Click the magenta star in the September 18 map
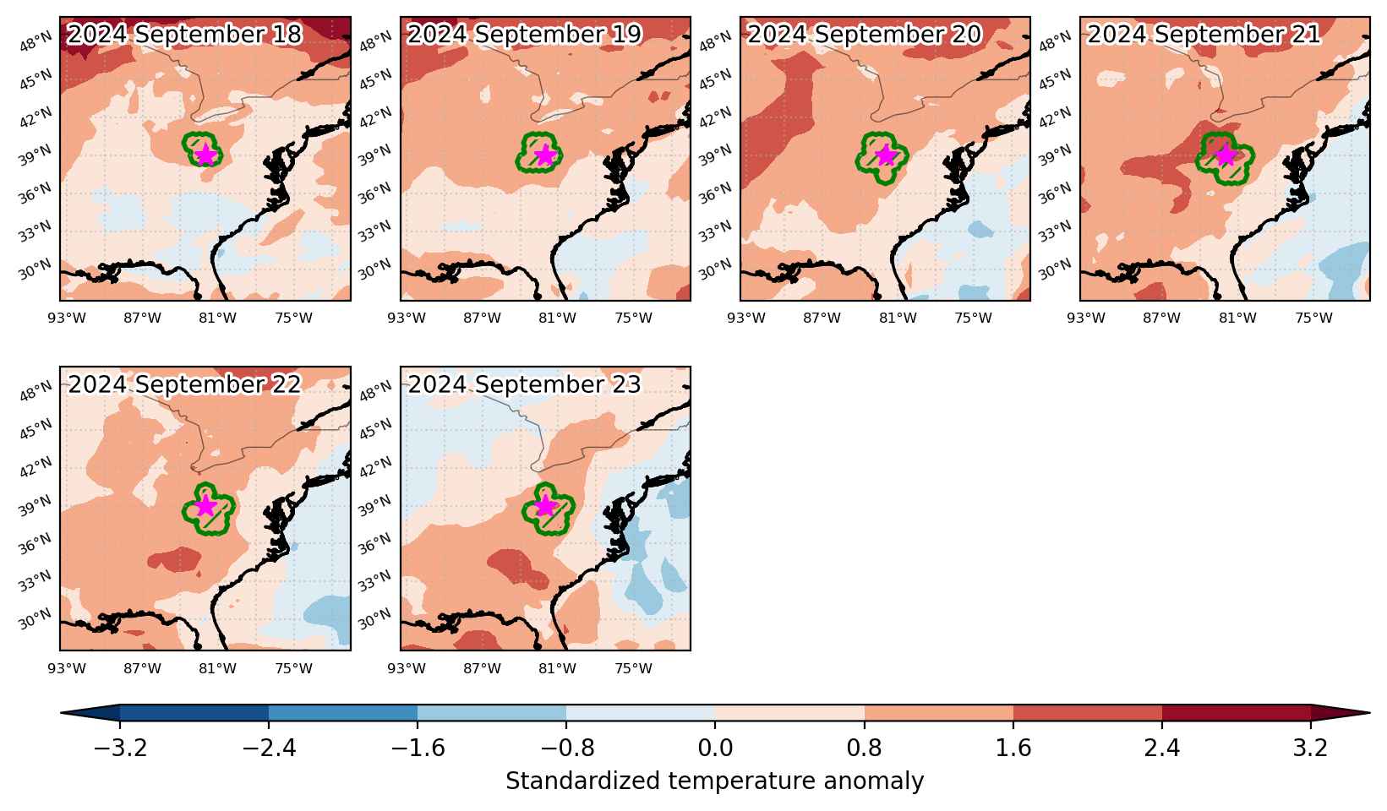point(205,155)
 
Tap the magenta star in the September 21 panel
point(1226,155)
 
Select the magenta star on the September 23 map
point(545,505)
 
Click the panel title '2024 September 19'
point(524,34)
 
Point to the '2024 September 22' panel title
point(184,384)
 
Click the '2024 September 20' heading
point(864,34)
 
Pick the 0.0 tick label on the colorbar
point(715,748)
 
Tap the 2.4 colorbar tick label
point(1161,748)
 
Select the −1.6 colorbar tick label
point(418,748)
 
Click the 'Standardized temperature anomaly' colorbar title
point(714,781)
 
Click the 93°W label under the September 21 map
point(1086,318)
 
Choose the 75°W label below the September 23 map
point(633,668)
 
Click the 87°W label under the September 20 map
point(822,318)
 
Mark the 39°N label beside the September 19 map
point(374,155)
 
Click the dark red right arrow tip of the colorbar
point(1368,713)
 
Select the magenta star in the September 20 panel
point(886,155)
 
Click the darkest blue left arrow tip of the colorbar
point(62,713)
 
